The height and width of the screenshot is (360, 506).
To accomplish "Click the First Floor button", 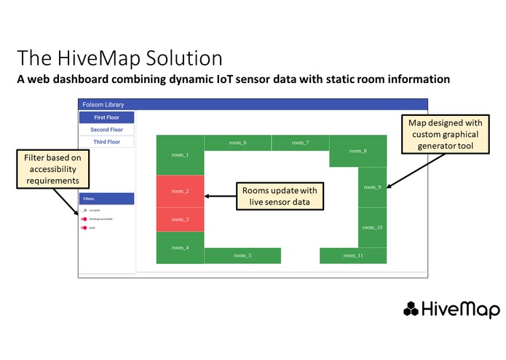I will tap(106, 117).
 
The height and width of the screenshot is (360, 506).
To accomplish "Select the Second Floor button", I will tap(106, 130).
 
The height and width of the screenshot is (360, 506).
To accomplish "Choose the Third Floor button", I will tap(106, 142).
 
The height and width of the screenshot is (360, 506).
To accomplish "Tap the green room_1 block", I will tap(180, 154).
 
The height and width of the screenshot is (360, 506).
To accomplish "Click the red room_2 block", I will tap(180, 191).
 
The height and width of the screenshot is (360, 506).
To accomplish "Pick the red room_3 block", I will tap(180, 219).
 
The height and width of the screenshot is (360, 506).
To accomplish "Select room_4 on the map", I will tap(180, 248).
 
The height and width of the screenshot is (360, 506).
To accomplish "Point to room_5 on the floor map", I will tap(242, 256).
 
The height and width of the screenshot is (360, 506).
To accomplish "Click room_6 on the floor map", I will tap(237, 143).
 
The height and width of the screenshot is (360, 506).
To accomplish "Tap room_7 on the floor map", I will tap(300, 143).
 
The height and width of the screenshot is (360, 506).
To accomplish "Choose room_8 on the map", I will tap(357, 151).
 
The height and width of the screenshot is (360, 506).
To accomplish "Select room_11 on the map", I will tap(354, 256).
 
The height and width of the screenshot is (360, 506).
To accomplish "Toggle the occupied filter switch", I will tap(84, 210).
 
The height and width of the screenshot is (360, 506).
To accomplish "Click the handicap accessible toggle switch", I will tap(84, 219).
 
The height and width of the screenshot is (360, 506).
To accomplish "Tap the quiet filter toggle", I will tap(84, 227).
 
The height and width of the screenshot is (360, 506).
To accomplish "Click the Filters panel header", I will tap(106, 198).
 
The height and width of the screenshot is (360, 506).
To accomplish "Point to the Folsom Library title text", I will tap(103, 105).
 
